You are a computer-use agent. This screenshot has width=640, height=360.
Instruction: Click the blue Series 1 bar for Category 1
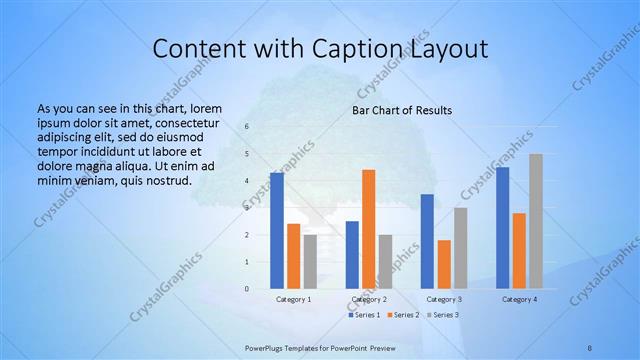click(277, 231)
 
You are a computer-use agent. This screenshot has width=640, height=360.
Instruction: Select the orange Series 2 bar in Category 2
click(368, 229)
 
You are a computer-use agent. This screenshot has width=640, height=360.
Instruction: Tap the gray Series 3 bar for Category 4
click(536, 221)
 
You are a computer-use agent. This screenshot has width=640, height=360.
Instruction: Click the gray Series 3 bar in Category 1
click(310, 262)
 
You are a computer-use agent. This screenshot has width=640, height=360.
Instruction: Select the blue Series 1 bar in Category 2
click(352, 255)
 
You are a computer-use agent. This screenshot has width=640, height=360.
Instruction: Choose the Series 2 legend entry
click(404, 315)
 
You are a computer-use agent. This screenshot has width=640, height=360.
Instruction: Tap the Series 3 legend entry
click(443, 315)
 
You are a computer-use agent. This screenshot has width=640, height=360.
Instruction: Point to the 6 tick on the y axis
click(246, 127)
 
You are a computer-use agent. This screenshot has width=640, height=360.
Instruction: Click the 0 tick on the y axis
click(246, 289)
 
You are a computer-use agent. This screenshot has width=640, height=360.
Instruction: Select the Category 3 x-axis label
click(444, 299)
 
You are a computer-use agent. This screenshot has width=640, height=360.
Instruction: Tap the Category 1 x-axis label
click(293, 299)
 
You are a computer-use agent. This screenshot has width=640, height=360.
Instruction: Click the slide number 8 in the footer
click(590, 347)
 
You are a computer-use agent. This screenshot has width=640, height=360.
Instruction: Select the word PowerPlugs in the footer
click(266, 347)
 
